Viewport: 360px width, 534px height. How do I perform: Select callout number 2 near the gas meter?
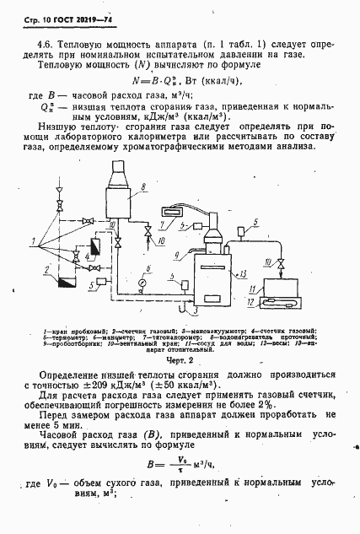click(40, 266)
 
